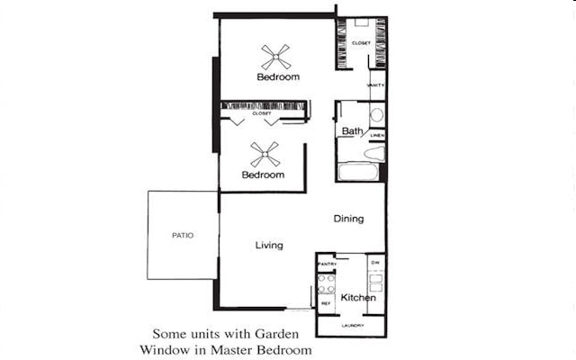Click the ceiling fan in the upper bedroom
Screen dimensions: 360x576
coord(277,58)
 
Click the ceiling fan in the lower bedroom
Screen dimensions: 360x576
coord(264,156)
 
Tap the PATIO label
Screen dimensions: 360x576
coord(183,236)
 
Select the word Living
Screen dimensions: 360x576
coord(269,245)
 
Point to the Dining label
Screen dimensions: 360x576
coord(348,219)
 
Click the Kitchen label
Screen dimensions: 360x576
coord(358,298)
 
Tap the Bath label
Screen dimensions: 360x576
coord(351,132)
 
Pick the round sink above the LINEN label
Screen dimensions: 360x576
coord(376,116)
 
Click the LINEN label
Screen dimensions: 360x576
coord(377,136)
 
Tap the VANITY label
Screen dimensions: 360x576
coord(376,85)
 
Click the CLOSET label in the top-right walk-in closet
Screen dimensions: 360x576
coord(362,42)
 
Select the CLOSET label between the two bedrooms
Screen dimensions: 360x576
coord(262,113)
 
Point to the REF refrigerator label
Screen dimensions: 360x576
coord(326,304)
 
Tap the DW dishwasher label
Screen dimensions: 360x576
coord(375,263)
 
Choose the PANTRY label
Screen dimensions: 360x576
coord(327,264)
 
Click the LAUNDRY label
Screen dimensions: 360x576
coord(353,326)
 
